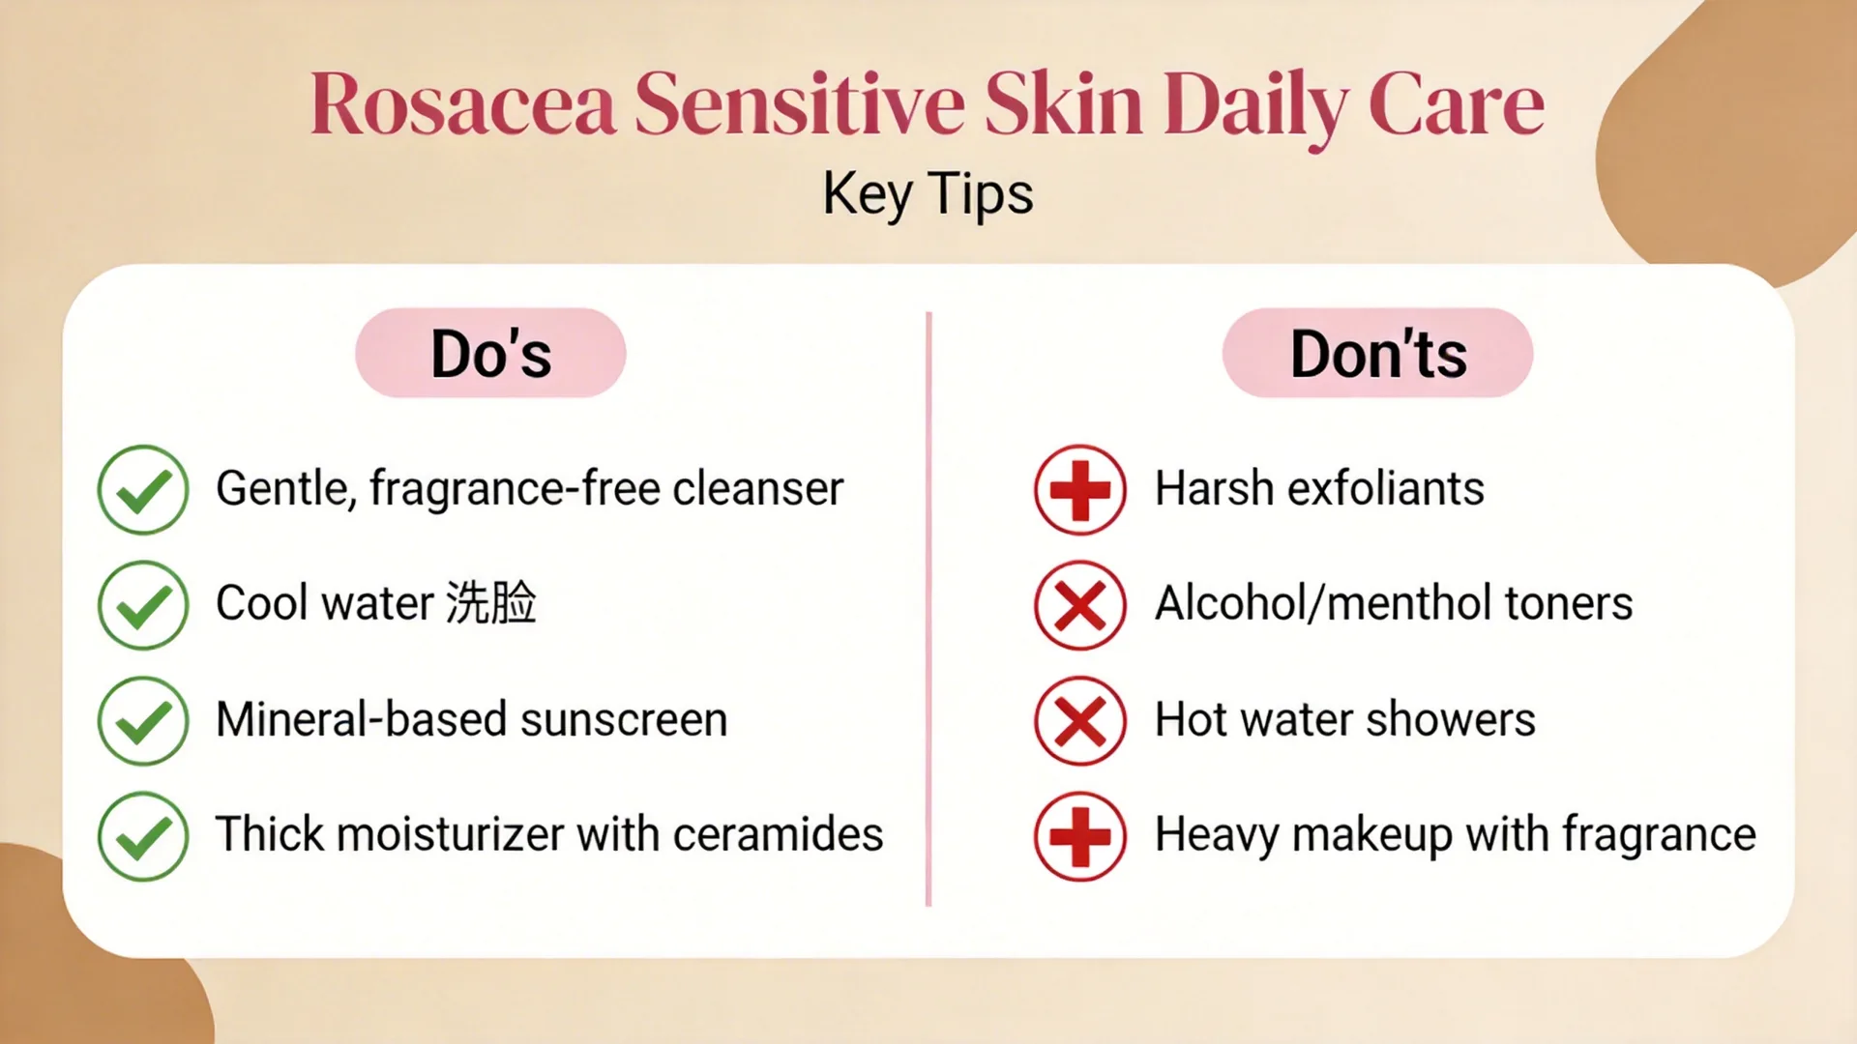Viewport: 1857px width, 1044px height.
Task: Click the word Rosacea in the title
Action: point(462,103)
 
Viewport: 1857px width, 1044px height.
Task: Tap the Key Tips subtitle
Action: point(928,193)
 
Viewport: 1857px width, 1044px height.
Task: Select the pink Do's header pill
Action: point(490,353)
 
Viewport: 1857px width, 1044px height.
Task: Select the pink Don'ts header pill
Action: point(1377,353)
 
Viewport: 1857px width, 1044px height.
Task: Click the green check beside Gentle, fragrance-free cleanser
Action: point(143,489)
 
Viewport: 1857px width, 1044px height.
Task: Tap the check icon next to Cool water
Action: point(143,605)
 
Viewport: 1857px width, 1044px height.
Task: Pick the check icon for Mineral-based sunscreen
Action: point(143,721)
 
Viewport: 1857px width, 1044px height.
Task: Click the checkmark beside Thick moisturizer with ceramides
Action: point(143,836)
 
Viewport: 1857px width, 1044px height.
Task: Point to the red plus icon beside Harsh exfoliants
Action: point(1080,489)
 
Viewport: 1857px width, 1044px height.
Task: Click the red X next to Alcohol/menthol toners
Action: point(1080,605)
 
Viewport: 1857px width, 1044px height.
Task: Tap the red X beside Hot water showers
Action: point(1080,721)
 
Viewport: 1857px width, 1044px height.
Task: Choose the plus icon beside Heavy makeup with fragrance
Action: point(1080,836)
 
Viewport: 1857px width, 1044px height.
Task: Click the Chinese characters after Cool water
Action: point(491,602)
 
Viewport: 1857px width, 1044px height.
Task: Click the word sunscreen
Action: point(624,719)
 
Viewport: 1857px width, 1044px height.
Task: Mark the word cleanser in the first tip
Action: point(758,488)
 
